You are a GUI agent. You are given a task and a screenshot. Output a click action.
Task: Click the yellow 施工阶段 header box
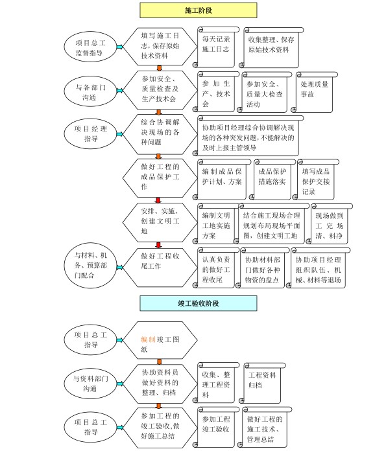(199, 10)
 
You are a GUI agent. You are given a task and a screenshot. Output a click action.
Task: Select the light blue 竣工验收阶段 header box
(199, 303)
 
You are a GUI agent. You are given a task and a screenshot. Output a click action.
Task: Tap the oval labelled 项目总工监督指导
(90, 47)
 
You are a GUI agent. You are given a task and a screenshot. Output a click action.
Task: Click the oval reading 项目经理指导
(90, 133)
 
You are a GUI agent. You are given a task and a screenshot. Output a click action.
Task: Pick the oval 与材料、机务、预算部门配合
(90, 265)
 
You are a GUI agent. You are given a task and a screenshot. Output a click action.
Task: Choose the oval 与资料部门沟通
(90, 384)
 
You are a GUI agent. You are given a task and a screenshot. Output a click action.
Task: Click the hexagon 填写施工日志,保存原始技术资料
(160, 47)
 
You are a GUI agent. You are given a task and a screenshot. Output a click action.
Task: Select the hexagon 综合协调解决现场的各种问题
(160, 134)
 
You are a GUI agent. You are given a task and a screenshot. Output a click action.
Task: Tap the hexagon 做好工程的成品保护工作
(160, 178)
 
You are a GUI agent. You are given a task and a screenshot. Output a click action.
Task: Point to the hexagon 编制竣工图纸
(160, 340)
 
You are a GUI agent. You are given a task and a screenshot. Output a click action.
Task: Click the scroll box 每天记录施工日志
(216, 47)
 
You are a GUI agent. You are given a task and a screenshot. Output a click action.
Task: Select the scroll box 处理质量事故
(315, 92)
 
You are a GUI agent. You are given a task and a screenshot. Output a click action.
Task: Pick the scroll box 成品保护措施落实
(272, 179)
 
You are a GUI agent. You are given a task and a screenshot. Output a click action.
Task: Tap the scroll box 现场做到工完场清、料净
(329, 224)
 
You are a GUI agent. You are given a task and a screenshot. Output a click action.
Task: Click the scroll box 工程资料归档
(262, 383)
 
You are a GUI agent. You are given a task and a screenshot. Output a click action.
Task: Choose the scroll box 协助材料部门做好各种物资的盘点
(262, 268)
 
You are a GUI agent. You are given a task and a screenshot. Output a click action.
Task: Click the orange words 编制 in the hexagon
(148, 339)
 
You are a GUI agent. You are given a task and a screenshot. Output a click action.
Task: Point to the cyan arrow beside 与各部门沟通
(120, 91)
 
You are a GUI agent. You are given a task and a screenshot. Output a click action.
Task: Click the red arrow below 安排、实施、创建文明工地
(159, 245)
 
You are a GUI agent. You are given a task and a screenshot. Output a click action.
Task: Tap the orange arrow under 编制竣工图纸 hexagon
(159, 362)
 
